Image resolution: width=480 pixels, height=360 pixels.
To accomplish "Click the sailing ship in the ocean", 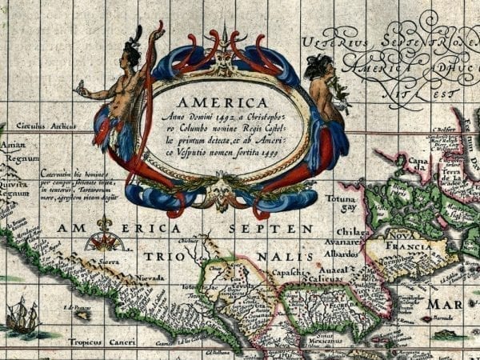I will tap(22, 315).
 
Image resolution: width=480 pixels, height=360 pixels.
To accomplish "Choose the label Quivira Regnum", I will tap(13, 186).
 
